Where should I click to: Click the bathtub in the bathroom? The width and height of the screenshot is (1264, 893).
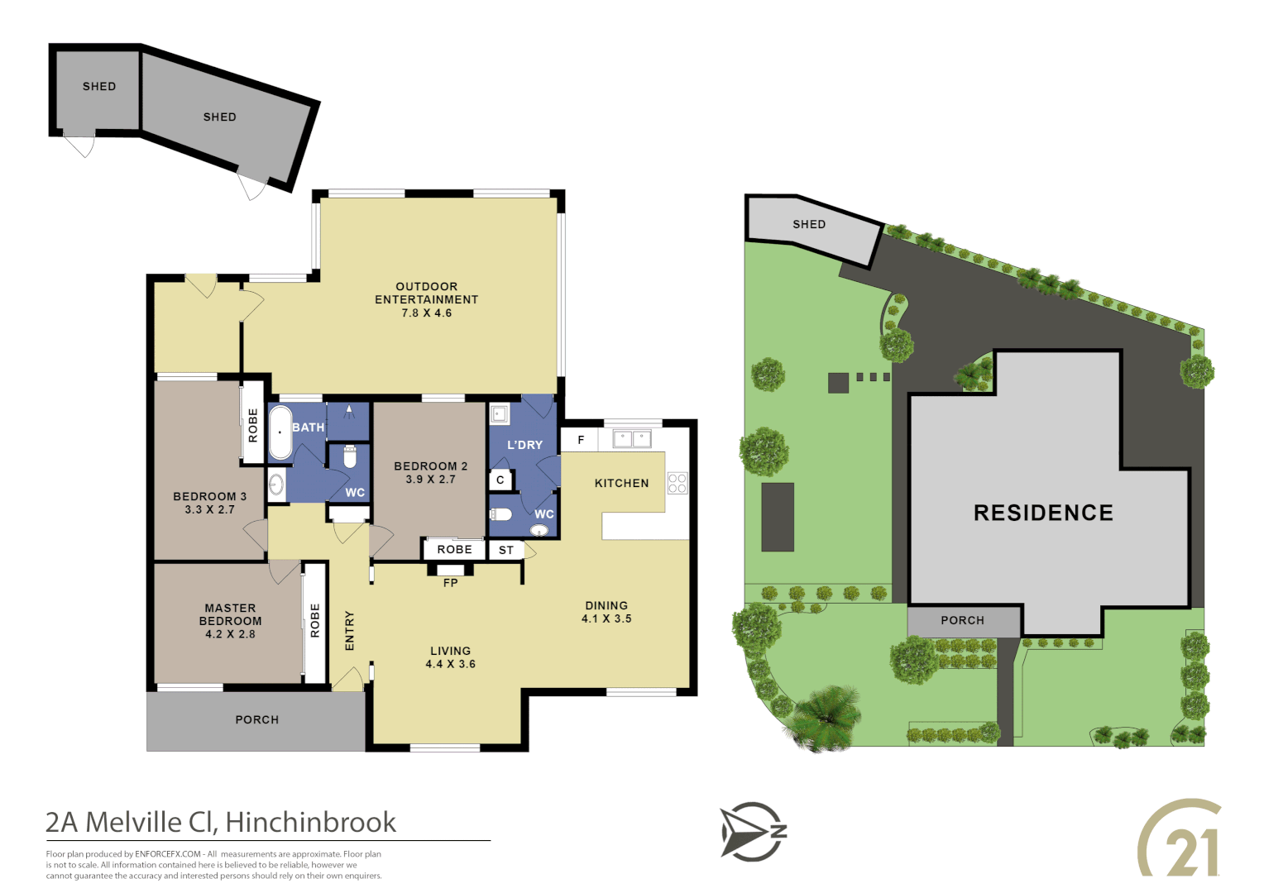[280, 432]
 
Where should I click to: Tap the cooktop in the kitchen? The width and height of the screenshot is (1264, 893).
[677, 483]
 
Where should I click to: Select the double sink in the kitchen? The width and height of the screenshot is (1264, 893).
[632, 438]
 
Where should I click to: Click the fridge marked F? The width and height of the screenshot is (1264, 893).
[581, 440]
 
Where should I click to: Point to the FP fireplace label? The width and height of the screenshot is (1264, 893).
[450, 583]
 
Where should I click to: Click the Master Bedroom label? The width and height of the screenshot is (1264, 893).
[230, 614]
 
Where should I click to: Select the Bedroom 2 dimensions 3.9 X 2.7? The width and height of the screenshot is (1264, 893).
[430, 480]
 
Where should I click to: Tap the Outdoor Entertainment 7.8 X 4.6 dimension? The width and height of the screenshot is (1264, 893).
[426, 313]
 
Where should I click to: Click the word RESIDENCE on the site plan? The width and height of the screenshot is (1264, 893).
[1043, 513]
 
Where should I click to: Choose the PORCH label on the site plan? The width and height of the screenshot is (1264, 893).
[962, 620]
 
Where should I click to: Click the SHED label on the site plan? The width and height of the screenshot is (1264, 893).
[808, 224]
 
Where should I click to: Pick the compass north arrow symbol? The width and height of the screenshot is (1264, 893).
[751, 831]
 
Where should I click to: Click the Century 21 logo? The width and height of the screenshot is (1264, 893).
[1180, 838]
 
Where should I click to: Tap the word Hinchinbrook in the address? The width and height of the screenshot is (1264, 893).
[310, 822]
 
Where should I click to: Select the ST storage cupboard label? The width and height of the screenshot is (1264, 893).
[506, 550]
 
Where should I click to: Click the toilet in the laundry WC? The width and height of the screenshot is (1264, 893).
[501, 514]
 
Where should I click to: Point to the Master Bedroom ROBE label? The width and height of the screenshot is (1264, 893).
[315, 620]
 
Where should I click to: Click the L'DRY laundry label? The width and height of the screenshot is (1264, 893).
[524, 445]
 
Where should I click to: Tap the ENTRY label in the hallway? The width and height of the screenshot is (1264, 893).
[349, 631]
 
